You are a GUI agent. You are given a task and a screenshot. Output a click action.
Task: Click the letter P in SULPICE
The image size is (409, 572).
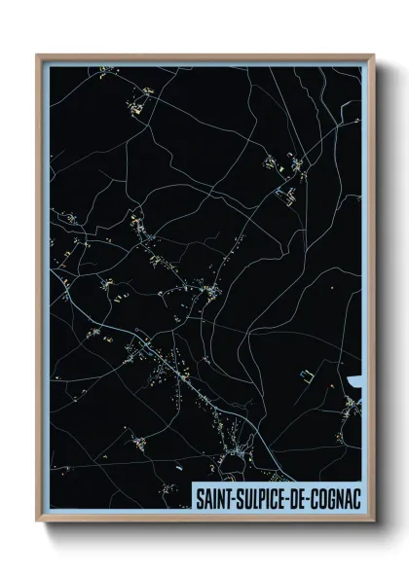point(264,497)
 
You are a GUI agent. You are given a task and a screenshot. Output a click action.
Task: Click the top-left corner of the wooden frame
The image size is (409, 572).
point(38,55)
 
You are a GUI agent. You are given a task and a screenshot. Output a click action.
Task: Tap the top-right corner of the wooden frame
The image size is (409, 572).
point(373,55)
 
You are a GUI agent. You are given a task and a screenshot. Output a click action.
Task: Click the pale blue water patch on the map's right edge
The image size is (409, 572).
point(354,378)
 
